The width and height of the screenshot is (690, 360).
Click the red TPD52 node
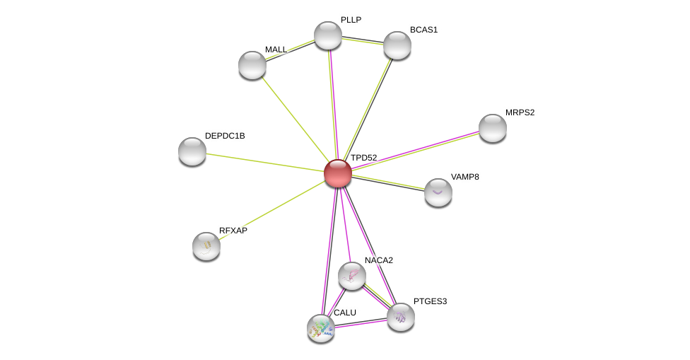(x=338, y=173)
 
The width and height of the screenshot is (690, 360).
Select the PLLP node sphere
(x=328, y=35)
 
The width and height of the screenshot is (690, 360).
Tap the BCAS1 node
(x=397, y=45)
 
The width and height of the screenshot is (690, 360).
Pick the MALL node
(x=252, y=65)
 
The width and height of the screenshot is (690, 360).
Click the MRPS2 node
(x=493, y=128)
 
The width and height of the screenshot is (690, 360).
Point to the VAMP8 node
(x=438, y=192)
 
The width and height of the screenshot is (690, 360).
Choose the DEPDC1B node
(x=192, y=151)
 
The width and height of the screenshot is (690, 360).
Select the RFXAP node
(x=206, y=246)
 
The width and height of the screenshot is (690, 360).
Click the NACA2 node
(x=352, y=276)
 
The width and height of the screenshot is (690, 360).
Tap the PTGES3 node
(x=401, y=318)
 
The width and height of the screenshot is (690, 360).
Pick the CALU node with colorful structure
(x=321, y=328)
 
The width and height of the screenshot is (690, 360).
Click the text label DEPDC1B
(x=225, y=136)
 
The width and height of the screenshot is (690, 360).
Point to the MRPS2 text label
(x=520, y=112)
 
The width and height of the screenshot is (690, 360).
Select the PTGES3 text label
(x=430, y=301)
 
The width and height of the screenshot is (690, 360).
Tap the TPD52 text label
(x=363, y=158)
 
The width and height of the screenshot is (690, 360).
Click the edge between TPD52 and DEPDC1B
(x=265, y=163)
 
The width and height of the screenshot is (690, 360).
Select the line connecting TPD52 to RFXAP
(x=272, y=209)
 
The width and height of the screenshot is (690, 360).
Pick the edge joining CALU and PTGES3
(x=361, y=323)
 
